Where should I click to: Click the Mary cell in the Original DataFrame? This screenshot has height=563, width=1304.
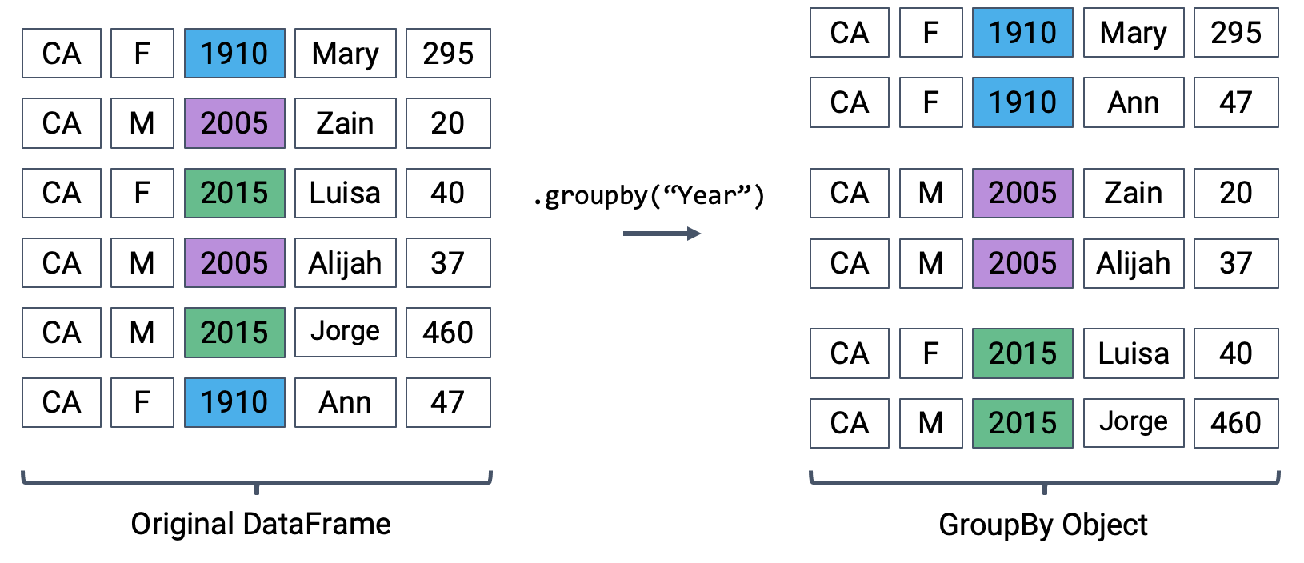[x=345, y=54]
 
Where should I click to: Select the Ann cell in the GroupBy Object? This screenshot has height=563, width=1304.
[x=1133, y=102]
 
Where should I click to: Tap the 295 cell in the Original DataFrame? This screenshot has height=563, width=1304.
[x=448, y=54]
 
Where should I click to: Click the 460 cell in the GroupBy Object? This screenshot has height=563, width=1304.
[x=1235, y=423]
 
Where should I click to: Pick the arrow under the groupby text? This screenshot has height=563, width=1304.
[x=662, y=234]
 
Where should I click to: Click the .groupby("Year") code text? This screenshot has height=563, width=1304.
[x=649, y=195]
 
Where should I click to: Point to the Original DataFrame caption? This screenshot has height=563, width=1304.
[x=261, y=524]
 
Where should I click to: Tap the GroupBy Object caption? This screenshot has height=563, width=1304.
[x=1042, y=525]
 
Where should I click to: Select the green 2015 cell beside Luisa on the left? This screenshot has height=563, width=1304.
[x=234, y=193]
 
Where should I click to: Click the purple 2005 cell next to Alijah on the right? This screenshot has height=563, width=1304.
[x=1022, y=263]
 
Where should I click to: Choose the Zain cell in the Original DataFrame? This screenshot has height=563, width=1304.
[x=345, y=123]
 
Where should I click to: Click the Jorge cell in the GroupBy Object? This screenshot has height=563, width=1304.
[x=1133, y=423]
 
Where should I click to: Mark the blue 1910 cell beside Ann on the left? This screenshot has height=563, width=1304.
[x=234, y=402]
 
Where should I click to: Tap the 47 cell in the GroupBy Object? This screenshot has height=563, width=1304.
[x=1235, y=102]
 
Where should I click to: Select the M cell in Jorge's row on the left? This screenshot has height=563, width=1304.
[x=142, y=333]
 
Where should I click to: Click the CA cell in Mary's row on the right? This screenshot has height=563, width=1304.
[x=849, y=33]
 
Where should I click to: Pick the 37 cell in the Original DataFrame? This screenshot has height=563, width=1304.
[x=448, y=263]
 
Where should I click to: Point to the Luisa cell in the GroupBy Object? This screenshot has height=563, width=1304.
[x=1133, y=353]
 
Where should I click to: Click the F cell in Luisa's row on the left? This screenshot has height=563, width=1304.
[x=142, y=193]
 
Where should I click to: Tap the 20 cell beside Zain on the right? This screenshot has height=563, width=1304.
[x=1235, y=193]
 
